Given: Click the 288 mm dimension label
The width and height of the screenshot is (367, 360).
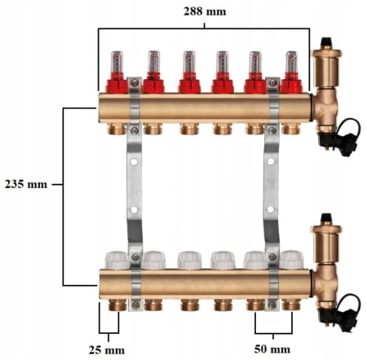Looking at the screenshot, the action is point(205,11).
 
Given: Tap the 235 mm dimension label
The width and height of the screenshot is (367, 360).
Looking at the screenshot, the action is point(26,184).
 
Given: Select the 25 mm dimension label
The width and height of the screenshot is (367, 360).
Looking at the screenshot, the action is point(107,350).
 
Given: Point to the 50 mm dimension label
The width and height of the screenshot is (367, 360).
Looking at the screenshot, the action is point(272,349).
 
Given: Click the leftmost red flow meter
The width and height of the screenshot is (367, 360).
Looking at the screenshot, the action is point(117,72).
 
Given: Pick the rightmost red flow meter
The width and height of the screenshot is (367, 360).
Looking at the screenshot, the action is point(291,72).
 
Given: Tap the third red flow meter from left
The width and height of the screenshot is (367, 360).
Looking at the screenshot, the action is point(189,72).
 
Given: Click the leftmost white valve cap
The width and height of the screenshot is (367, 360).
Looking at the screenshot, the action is point(117,260).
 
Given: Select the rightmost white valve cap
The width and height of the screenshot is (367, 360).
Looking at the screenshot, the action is point(292,260).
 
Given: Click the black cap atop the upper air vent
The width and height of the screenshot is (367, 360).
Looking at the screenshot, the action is point(326,42).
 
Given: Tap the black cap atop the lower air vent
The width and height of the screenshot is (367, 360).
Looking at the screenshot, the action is point(326,218).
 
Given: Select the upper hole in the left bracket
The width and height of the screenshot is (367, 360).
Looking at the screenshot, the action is point(134,162).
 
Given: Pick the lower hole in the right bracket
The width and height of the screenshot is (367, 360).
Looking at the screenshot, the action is point(271,209).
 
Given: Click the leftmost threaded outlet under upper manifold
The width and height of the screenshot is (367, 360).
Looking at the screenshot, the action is point(117,129).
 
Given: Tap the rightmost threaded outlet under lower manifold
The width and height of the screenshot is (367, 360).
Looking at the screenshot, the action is point(291,305).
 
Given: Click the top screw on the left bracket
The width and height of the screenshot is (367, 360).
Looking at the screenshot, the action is point(134,83).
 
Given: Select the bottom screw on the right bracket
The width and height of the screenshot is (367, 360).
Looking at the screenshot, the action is point(272,305).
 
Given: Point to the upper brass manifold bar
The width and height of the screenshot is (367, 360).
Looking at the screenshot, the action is point(205,108).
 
